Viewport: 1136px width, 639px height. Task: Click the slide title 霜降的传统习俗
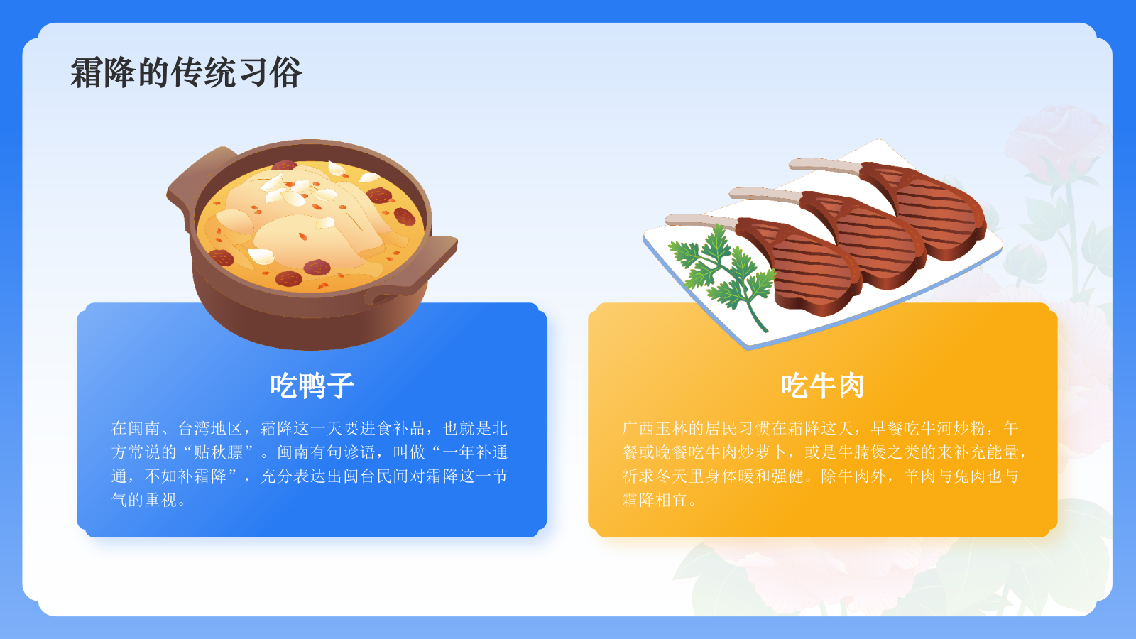point(186,72)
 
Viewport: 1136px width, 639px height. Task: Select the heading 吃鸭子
point(312,386)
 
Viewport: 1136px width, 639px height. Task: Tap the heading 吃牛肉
point(822,386)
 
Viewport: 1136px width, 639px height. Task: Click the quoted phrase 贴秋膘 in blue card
point(219,452)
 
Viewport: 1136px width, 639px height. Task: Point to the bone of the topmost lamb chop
point(824,167)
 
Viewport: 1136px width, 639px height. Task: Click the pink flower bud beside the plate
point(1022,256)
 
